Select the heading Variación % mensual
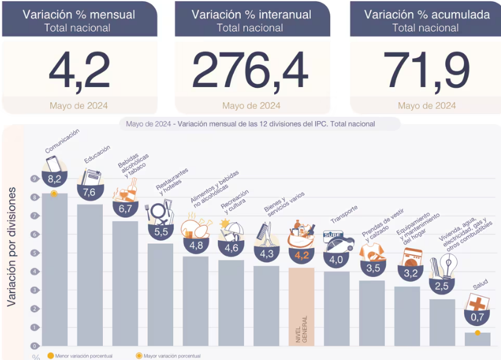click(x=79, y=15)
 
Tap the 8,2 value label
click(x=54, y=178)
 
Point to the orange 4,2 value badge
click(x=301, y=255)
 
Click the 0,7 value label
click(x=477, y=317)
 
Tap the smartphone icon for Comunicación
click(x=53, y=163)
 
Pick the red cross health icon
click(x=477, y=302)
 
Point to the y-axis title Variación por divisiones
click(x=12, y=246)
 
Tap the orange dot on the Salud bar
click(x=477, y=333)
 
